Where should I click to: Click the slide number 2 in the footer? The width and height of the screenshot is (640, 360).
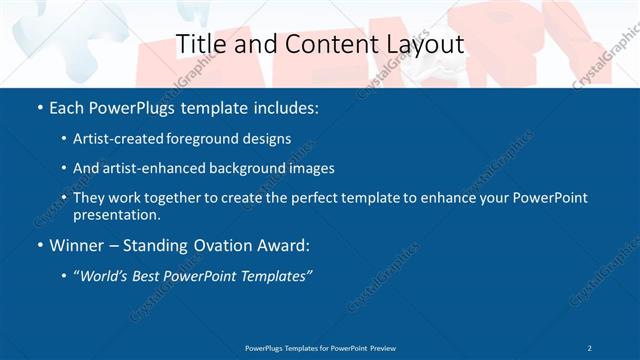point(590,347)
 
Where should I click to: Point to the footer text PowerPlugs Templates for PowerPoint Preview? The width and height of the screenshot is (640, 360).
point(319,347)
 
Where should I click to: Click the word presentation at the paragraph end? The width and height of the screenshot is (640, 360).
point(116,214)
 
